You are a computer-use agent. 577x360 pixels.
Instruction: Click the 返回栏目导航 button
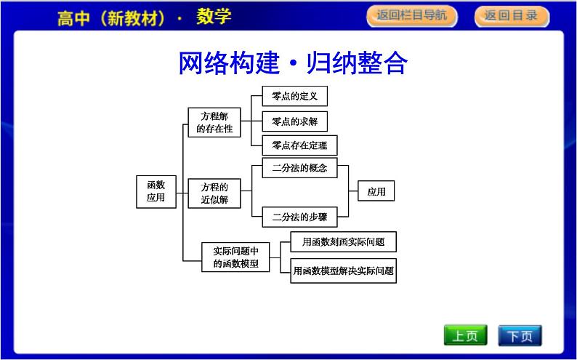pyautogui.click(x=411, y=15)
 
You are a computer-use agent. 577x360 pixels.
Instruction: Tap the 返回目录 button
pyautogui.click(x=510, y=15)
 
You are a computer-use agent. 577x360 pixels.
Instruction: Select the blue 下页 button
pyautogui.click(x=520, y=335)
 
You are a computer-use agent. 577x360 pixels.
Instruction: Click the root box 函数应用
pyautogui.click(x=156, y=191)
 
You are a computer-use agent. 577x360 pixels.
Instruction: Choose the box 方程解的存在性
pyautogui.click(x=214, y=122)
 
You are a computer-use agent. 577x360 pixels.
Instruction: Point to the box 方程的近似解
pyautogui.click(x=214, y=193)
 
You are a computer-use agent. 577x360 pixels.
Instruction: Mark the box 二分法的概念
pyautogui.click(x=299, y=169)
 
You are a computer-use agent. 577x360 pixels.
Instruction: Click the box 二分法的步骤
pyautogui.click(x=299, y=216)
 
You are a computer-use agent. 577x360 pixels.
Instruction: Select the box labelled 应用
pyautogui.click(x=376, y=192)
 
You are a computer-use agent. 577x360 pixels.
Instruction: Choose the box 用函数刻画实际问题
pyautogui.click(x=343, y=241)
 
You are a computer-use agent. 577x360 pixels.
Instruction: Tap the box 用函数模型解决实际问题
pyautogui.click(x=343, y=271)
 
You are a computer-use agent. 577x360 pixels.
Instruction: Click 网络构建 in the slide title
pyautogui.click(x=229, y=63)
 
